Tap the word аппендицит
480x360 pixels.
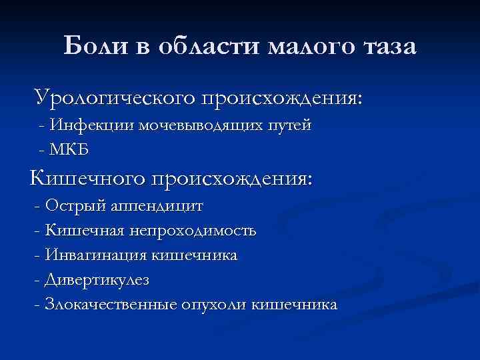(x=157, y=207)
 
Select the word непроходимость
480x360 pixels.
(x=193, y=231)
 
